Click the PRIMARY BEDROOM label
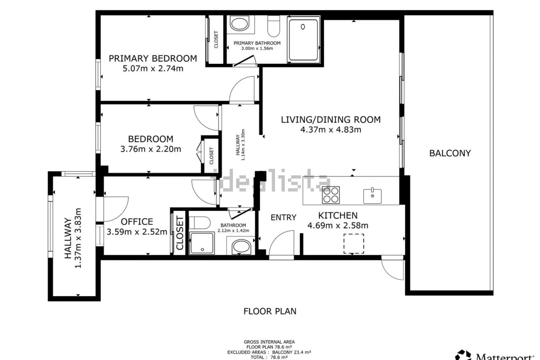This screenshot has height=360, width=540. (x=153, y=59)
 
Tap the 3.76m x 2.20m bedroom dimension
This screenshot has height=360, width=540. (x=151, y=149)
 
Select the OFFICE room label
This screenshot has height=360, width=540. (x=137, y=222)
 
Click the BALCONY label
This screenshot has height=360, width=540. (x=450, y=153)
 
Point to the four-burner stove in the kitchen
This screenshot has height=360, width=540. (x=331, y=195)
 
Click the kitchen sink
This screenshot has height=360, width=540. (x=373, y=196)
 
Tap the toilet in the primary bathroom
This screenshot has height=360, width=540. (x=274, y=26)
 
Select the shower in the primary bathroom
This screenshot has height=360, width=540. (x=303, y=40)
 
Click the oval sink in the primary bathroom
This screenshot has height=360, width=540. (x=239, y=24)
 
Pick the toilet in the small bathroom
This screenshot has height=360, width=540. (x=200, y=222)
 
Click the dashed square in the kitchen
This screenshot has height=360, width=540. (x=354, y=244)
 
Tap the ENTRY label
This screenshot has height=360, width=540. (x=283, y=217)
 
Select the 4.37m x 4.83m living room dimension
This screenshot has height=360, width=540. (x=331, y=130)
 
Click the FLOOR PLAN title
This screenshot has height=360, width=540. (x=270, y=311)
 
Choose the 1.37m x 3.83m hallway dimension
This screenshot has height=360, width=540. (x=78, y=238)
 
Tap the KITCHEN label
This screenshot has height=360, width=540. (x=338, y=215)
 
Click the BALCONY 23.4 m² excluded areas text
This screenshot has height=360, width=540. (x=292, y=352)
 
